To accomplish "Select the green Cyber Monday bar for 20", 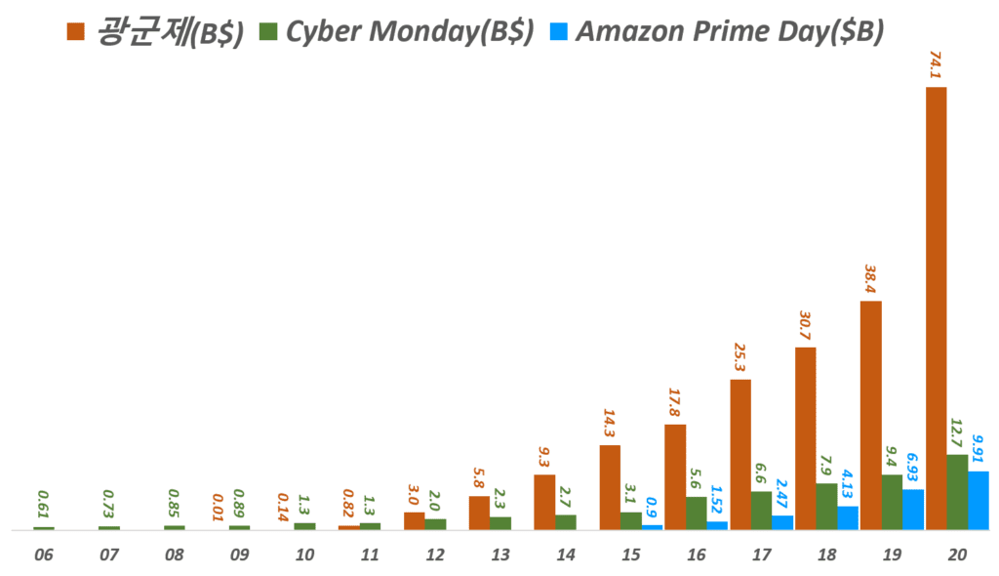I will coord(957,492).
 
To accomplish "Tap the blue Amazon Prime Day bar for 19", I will coord(913,510).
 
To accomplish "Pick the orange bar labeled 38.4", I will coord(870,416).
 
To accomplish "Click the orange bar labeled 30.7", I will coord(805,438).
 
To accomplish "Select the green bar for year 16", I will coord(696,514).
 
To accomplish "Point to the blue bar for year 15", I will coord(652,527).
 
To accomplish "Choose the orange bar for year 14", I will coord(543,503).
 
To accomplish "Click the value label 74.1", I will coord(936,66).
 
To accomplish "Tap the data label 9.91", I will coord(979,452).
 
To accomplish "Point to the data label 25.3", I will coord(739,358).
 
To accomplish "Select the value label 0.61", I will coord(43,509).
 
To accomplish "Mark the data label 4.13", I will coord(848,486).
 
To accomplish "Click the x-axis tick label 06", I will coord(43,555).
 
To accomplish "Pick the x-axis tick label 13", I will coord(500,555).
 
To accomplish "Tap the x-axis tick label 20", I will coord(957,555).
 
